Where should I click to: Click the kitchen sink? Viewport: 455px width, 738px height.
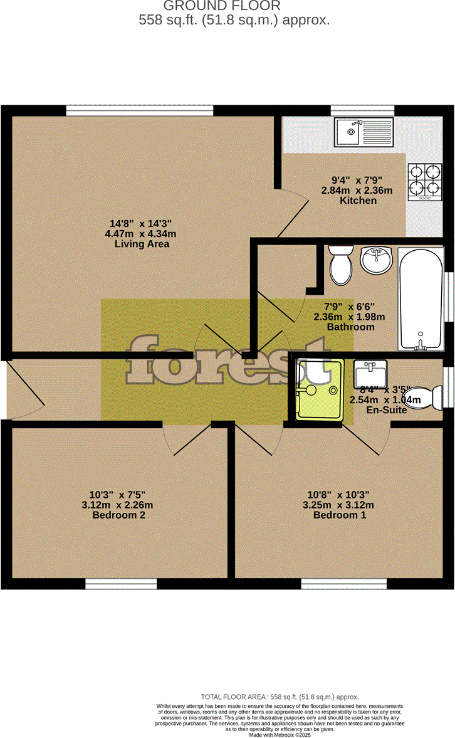click(x=363, y=132)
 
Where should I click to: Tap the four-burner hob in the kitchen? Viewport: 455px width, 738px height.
click(x=425, y=182)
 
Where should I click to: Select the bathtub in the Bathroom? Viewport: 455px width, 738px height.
click(x=421, y=300)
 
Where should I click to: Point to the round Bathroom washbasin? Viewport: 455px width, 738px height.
click(x=377, y=260)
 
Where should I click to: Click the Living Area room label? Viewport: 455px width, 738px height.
click(x=142, y=244)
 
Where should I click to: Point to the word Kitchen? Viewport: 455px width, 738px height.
click(x=358, y=201)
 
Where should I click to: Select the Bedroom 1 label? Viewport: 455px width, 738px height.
click(x=340, y=515)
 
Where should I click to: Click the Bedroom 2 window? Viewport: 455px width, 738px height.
click(x=121, y=584)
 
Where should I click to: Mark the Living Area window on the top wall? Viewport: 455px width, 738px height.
click(x=139, y=110)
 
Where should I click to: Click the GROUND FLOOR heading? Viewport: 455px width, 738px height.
click(x=221, y=6)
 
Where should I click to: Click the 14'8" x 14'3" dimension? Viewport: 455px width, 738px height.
click(x=141, y=223)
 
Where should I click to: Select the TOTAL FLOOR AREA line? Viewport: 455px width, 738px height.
click(x=280, y=697)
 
